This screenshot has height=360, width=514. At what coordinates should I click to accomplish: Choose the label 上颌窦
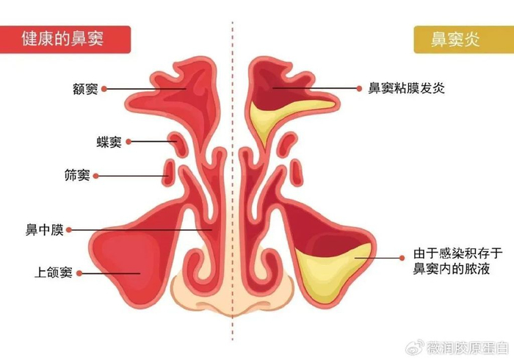pyautogui.click(x=53, y=273)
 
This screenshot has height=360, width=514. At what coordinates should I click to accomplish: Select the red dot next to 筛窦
pyautogui.click(x=96, y=176)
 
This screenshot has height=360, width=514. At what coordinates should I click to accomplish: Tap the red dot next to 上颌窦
pyautogui.click(x=79, y=273)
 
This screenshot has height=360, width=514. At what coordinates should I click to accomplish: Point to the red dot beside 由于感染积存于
pyautogui.click(x=401, y=257)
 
